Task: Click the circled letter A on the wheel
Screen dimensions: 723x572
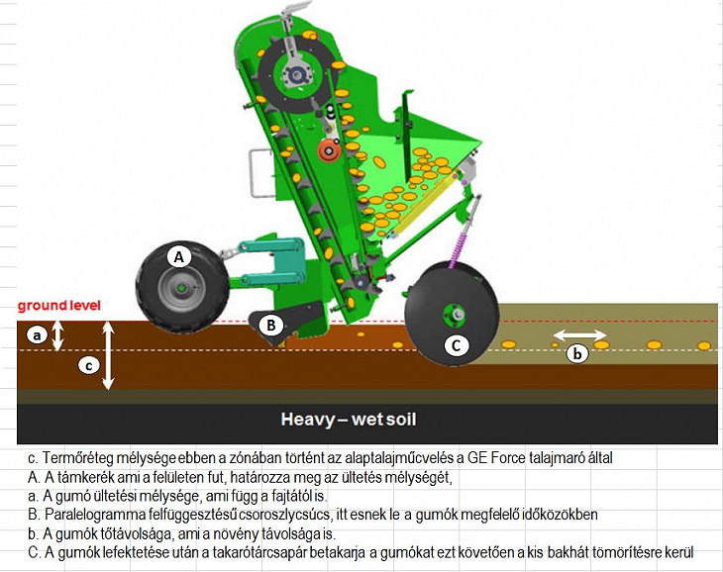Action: tap(179, 257)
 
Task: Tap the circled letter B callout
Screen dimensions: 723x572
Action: tap(270, 326)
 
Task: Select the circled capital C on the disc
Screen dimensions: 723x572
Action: tap(456, 345)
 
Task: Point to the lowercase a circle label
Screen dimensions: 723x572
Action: tap(37, 335)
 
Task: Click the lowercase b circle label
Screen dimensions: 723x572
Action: tap(577, 354)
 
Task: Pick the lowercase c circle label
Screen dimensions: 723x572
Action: tap(88, 366)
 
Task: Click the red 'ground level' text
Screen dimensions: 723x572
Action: tap(59, 306)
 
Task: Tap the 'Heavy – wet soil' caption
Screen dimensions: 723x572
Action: tap(349, 420)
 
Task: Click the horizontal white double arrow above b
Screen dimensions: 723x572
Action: tap(579, 334)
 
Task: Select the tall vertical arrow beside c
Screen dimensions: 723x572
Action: tap(108, 355)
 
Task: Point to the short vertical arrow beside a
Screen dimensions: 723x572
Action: tap(57, 335)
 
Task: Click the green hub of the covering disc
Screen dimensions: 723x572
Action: tap(452, 315)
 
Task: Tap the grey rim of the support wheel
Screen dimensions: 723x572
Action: tap(181, 288)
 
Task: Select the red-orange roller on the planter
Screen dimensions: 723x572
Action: tap(328, 150)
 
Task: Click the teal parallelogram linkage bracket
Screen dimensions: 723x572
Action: tap(272, 261)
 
